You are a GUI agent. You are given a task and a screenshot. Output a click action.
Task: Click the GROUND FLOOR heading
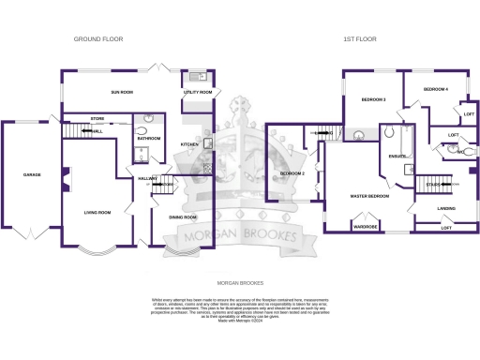[x=98, y=39]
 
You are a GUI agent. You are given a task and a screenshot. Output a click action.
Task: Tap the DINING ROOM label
[x=183, y=217]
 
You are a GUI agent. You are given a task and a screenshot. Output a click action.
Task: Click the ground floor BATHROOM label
[x=149, y=139]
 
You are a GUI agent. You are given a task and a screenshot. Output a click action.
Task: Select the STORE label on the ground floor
[x=97, y=119]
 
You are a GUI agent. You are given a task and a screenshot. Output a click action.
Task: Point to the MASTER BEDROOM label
[x=369, y=196]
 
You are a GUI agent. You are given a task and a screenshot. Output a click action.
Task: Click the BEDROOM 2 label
[x=292, y=173]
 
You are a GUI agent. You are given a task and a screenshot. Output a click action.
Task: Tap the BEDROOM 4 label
[x=435, y=89]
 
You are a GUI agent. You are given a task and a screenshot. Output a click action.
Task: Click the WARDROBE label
[x=365, y=226]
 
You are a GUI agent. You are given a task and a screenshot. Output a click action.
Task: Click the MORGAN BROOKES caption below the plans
[x=240, y=281]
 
